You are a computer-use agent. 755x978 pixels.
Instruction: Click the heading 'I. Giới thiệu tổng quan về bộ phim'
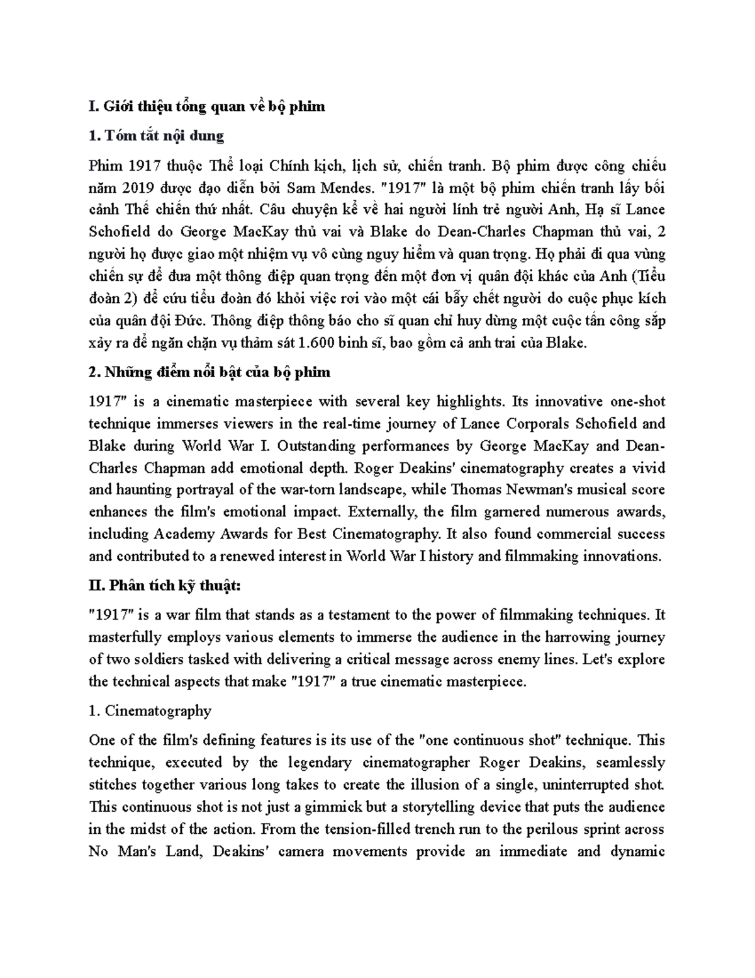tap(207, 106)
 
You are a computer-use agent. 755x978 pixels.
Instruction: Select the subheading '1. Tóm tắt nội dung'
tap(157, 135)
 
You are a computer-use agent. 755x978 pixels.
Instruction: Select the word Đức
tap(193, 321)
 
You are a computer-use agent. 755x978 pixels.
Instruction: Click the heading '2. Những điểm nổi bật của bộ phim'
tap(210, 372)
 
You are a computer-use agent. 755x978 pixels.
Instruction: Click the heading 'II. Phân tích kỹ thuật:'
tap(165, 586)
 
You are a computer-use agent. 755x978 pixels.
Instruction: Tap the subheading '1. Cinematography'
tap(150, 711)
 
